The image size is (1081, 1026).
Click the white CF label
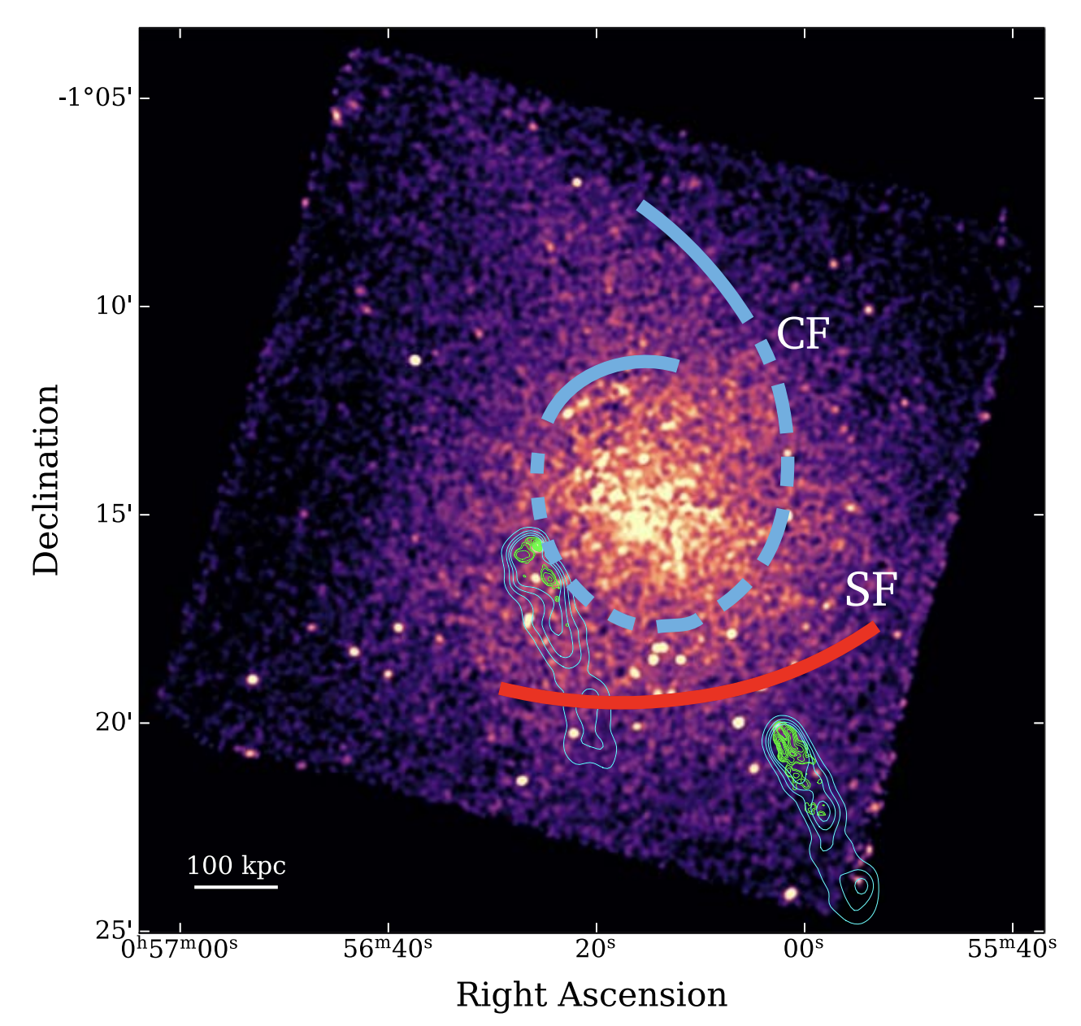(802, 333)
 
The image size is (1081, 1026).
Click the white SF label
(870, 590)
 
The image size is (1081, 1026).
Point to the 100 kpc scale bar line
(236, 886)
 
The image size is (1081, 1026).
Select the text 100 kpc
(236, 866)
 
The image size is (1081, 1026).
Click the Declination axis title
(46, 480)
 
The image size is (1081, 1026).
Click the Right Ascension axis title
(591, 995)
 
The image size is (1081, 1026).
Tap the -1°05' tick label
(93, 98)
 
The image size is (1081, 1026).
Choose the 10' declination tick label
(112, 306)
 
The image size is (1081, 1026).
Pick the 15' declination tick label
(112, 515)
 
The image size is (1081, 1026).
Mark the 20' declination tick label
(112, 723)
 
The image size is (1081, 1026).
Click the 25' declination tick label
(112, 930)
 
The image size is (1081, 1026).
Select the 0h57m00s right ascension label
(180, 948)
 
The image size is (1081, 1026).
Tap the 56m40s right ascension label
(388, 948)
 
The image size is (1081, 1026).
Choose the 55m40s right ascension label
(1012, 948)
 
